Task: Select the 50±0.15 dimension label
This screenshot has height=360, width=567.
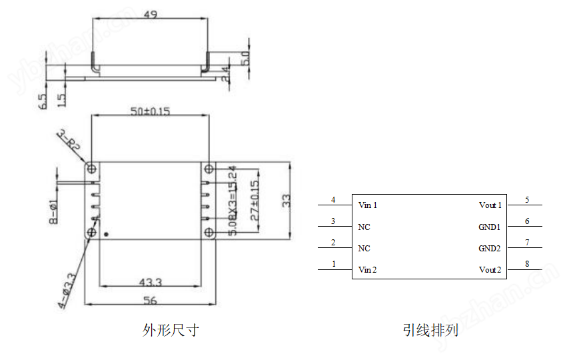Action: point(150,111)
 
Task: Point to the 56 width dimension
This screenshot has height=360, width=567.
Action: point(150,301)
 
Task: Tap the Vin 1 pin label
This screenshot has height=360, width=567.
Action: point(368,205)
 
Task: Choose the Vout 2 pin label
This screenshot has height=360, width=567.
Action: point(490,270)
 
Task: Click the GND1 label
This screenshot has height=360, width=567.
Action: point(490,227)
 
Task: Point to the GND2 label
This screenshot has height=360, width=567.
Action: point(490,249)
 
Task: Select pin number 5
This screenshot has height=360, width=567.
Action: point(527,199)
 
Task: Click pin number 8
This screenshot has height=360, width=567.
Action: point(527,264)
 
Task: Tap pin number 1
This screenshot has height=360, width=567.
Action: point(334,264)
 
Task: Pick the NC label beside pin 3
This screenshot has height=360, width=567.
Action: point(364,227)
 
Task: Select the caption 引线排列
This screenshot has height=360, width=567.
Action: point(430,330)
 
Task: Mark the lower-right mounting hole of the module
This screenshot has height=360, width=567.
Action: point(209,232)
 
